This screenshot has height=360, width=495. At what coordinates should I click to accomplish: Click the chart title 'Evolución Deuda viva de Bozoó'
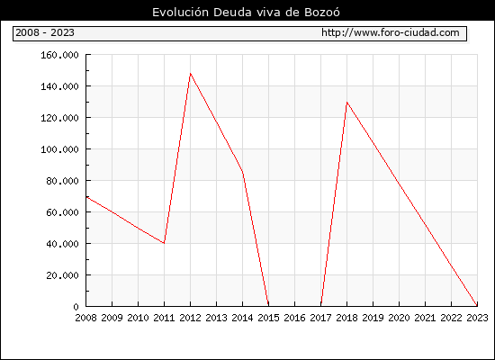[x=246, y=12]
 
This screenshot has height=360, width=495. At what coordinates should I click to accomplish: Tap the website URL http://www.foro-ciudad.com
[x=391, y=32]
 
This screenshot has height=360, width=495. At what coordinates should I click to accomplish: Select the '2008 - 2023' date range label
[x=45, y=32]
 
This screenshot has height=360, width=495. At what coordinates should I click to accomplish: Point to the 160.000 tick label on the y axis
[x=59, y=55]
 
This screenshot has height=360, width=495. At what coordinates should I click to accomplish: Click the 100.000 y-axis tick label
[x=59, y=149]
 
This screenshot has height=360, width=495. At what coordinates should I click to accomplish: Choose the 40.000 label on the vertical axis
[x=62, y=244]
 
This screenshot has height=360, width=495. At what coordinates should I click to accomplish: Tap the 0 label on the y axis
[x=76, y=307]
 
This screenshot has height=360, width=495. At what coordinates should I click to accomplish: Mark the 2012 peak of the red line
[x=191, y=73]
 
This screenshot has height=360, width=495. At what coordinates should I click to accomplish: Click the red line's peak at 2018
[x=346, y=103]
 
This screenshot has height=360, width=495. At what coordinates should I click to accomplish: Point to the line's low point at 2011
[x=164, y=243]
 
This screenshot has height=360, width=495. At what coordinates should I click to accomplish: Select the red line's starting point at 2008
[x=86, y=197]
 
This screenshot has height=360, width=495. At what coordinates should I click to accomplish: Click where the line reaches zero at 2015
[x=269, y=306]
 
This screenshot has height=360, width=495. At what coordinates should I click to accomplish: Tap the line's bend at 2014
[x=242, y=172]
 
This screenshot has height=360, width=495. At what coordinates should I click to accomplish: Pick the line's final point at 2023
[x=477, y=306]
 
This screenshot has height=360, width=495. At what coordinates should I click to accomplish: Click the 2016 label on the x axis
[x=294, y=318]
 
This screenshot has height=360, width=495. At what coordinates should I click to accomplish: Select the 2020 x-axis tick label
[x=399, y=318]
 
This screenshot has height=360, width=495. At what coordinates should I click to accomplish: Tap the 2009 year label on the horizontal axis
[x=112, y=318]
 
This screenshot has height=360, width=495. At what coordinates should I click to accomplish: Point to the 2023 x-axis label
[x=477, y=318]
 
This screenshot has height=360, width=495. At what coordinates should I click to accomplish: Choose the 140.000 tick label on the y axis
[x=59, y=86]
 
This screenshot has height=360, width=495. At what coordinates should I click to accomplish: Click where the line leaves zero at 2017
[x=320, y=306]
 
